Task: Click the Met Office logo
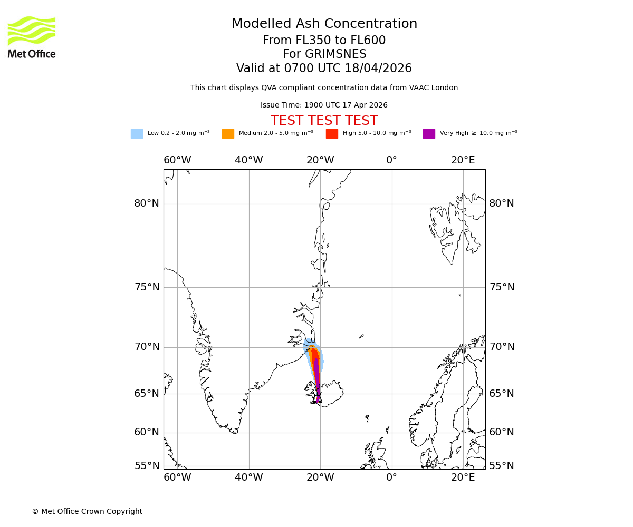(32, 37)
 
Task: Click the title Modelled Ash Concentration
(324, 24)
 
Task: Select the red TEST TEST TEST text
(324, 121)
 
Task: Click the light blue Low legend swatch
(137, 134)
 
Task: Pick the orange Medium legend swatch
(228, 134)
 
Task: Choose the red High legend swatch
(332, 134)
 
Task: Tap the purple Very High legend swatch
(429, 134)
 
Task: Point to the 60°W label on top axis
(177, 160)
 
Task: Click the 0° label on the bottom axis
(391, 477)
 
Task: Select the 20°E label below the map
(463, 477)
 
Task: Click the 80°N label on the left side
(147, 203)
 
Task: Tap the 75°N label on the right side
(502, 287)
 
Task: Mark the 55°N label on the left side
(147, 466)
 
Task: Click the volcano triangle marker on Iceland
(318, 399)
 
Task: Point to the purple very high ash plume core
(316, 374)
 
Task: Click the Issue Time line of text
(324, 105)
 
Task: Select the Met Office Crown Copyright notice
(87, 512)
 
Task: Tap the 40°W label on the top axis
(248, 160)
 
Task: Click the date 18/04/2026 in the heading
(378, 69)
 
